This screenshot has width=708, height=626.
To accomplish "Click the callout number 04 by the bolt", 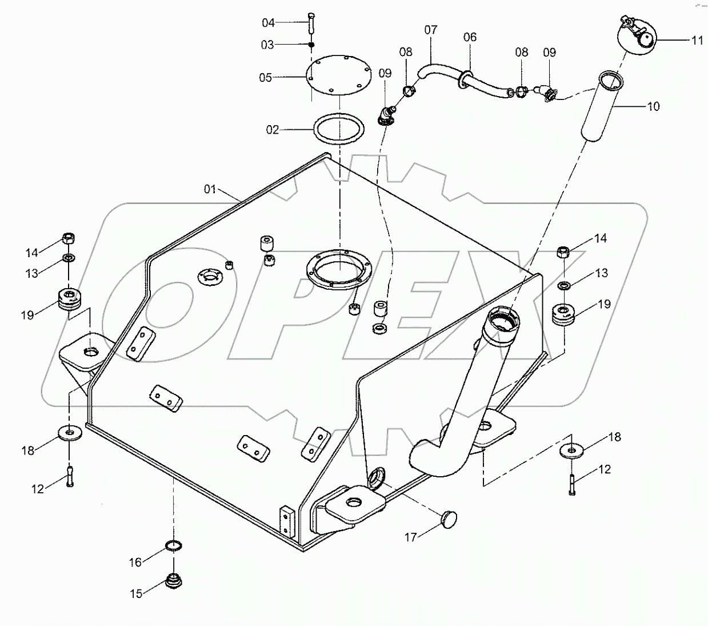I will click(269, 23).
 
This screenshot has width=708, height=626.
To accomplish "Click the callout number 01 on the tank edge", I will click(210, 189).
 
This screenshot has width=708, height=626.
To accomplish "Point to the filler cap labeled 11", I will click(635, 35).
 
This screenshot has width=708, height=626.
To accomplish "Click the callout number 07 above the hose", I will click(430, 30).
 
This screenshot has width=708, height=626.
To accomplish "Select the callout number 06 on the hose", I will click(470, 37).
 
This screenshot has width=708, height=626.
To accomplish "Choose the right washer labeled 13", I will click(564, 285).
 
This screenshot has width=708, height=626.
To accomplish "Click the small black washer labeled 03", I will click(311, 45).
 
